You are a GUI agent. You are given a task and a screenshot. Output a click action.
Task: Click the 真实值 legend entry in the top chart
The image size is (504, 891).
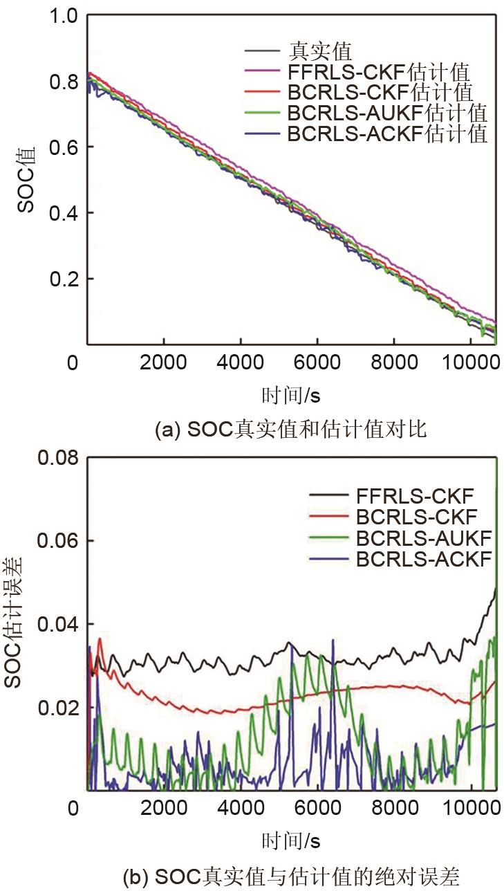tap(321, 50)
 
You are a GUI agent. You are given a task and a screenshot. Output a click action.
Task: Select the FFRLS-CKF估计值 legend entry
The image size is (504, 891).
tap(379, 71)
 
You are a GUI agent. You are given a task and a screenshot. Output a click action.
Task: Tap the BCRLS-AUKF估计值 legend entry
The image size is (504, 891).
tap(387, 113)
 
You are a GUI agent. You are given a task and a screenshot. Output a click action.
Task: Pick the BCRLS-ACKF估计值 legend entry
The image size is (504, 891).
tap(387, 134)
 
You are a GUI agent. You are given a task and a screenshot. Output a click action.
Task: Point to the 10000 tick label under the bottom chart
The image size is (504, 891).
tap(472, 807)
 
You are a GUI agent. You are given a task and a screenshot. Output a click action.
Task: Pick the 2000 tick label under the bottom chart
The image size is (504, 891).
tap(164, 807)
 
